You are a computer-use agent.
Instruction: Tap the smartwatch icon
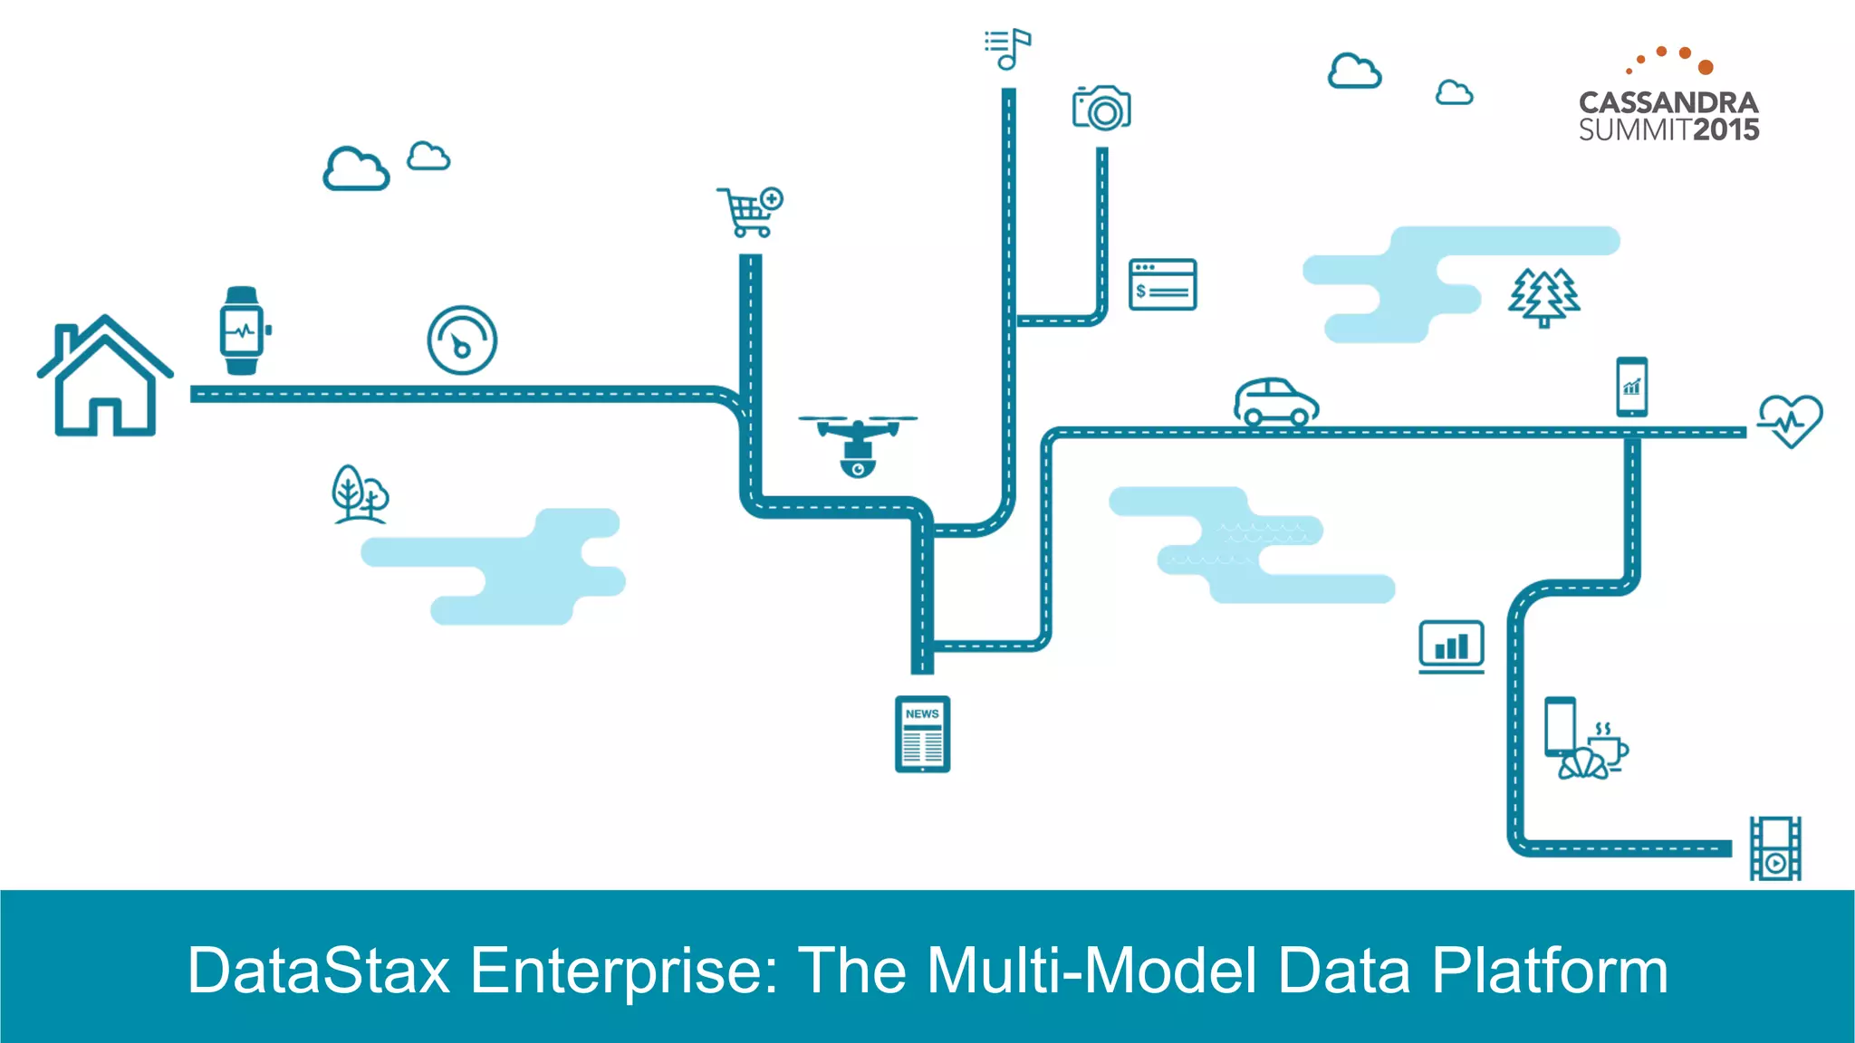point(243,330)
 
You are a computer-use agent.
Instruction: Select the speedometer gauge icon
point(462,340)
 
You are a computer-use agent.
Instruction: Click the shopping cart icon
point(750,212)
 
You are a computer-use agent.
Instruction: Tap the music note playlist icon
point(1008,49)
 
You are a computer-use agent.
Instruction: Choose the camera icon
point(1101,109)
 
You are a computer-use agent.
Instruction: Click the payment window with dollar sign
point(1163,284)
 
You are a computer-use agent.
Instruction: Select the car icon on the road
point(1276,402)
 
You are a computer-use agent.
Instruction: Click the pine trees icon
point(1544,297)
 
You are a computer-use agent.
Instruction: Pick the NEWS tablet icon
point(922,734)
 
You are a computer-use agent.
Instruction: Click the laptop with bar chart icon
point(1451,646)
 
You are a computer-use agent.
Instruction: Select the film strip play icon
point(1775,848)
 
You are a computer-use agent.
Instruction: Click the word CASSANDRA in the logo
point(1668,102)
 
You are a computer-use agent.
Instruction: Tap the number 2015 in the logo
point(1726,130)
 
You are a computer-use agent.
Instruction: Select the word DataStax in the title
point(318,971)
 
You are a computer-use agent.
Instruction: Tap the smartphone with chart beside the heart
point(1631,388)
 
